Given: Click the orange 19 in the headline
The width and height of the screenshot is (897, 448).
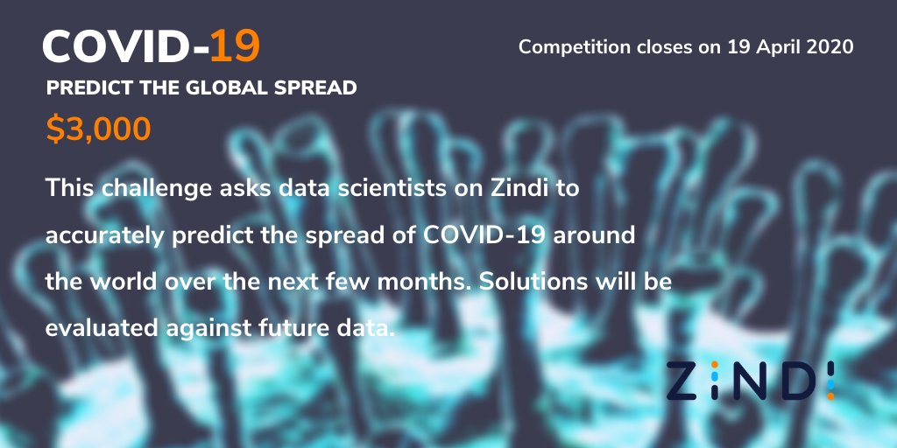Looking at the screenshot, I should [x=235, y=47].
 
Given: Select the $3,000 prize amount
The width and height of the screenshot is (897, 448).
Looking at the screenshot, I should [x=98, y=129].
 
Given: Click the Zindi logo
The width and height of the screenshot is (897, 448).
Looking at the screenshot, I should [x=751, y=378].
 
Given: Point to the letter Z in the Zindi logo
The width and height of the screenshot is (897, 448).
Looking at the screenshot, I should [x=683, y=378].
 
